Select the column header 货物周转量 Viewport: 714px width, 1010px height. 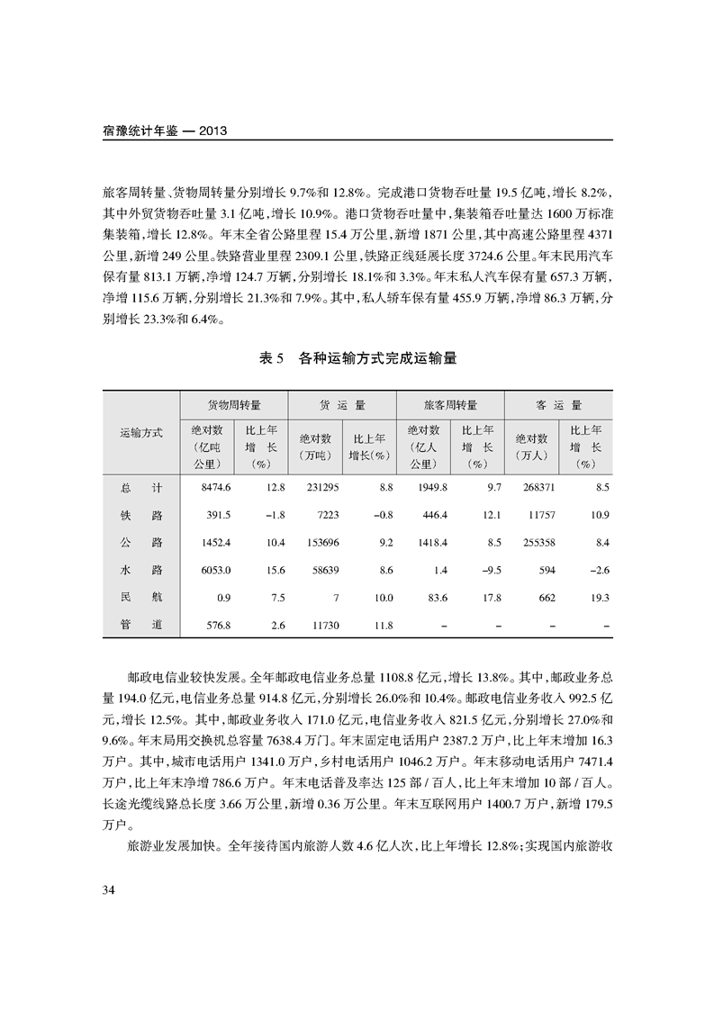pos(234,405)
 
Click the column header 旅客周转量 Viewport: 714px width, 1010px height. pos(450,405)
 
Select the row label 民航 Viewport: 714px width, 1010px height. pos(141,597)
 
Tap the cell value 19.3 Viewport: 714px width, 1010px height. pos(600,597)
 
